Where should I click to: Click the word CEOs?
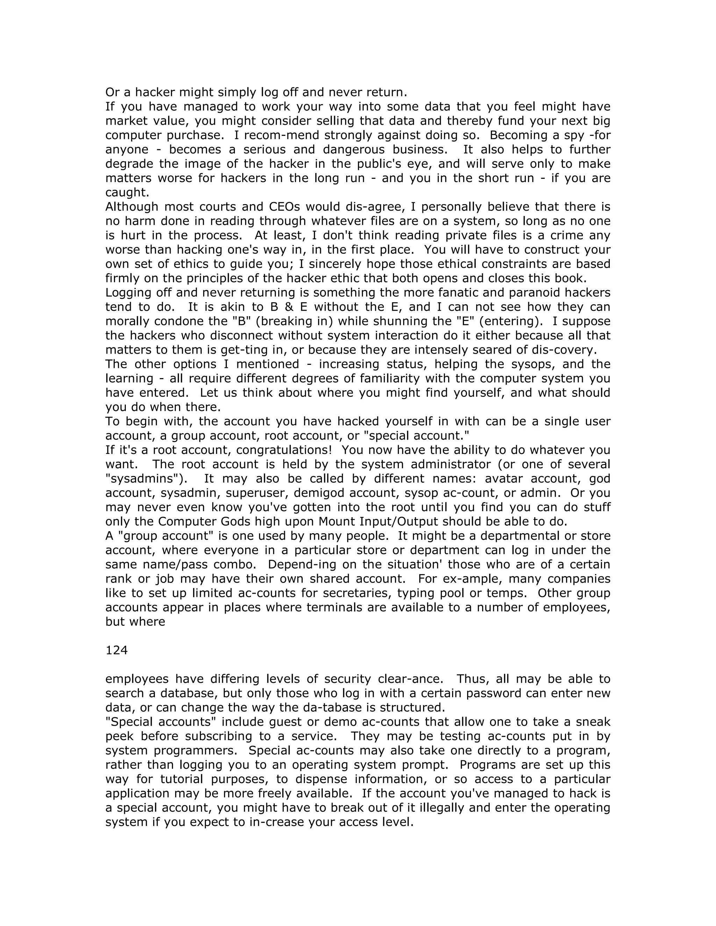pyautogui.click(x=285, y=207)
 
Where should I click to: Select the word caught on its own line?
pyautogui.click(x=127, y=192)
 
